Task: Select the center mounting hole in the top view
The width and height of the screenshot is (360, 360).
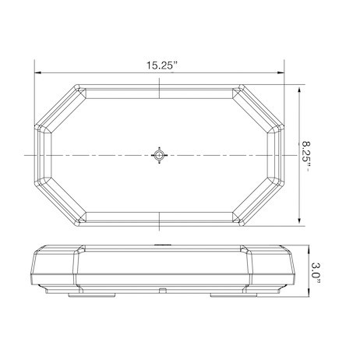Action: pyautogui.click(x=159, y=155)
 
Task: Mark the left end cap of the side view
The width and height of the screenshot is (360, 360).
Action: pyautogui.click(x=55, y=270)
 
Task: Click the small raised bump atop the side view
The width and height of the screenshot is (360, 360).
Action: pyautogui.click(x=159, y=246)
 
